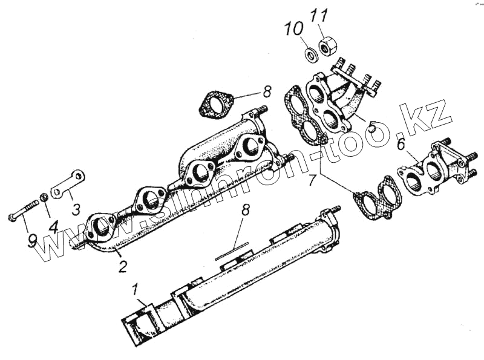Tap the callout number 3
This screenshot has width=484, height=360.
coord(75,209)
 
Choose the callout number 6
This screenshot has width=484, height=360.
coord(401,144)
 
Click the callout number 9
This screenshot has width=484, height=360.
coord(32,240)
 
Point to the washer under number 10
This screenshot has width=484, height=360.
coord(310,56)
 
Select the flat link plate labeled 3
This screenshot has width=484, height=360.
coord(67,185)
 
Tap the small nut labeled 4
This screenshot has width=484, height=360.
coord(44,198)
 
